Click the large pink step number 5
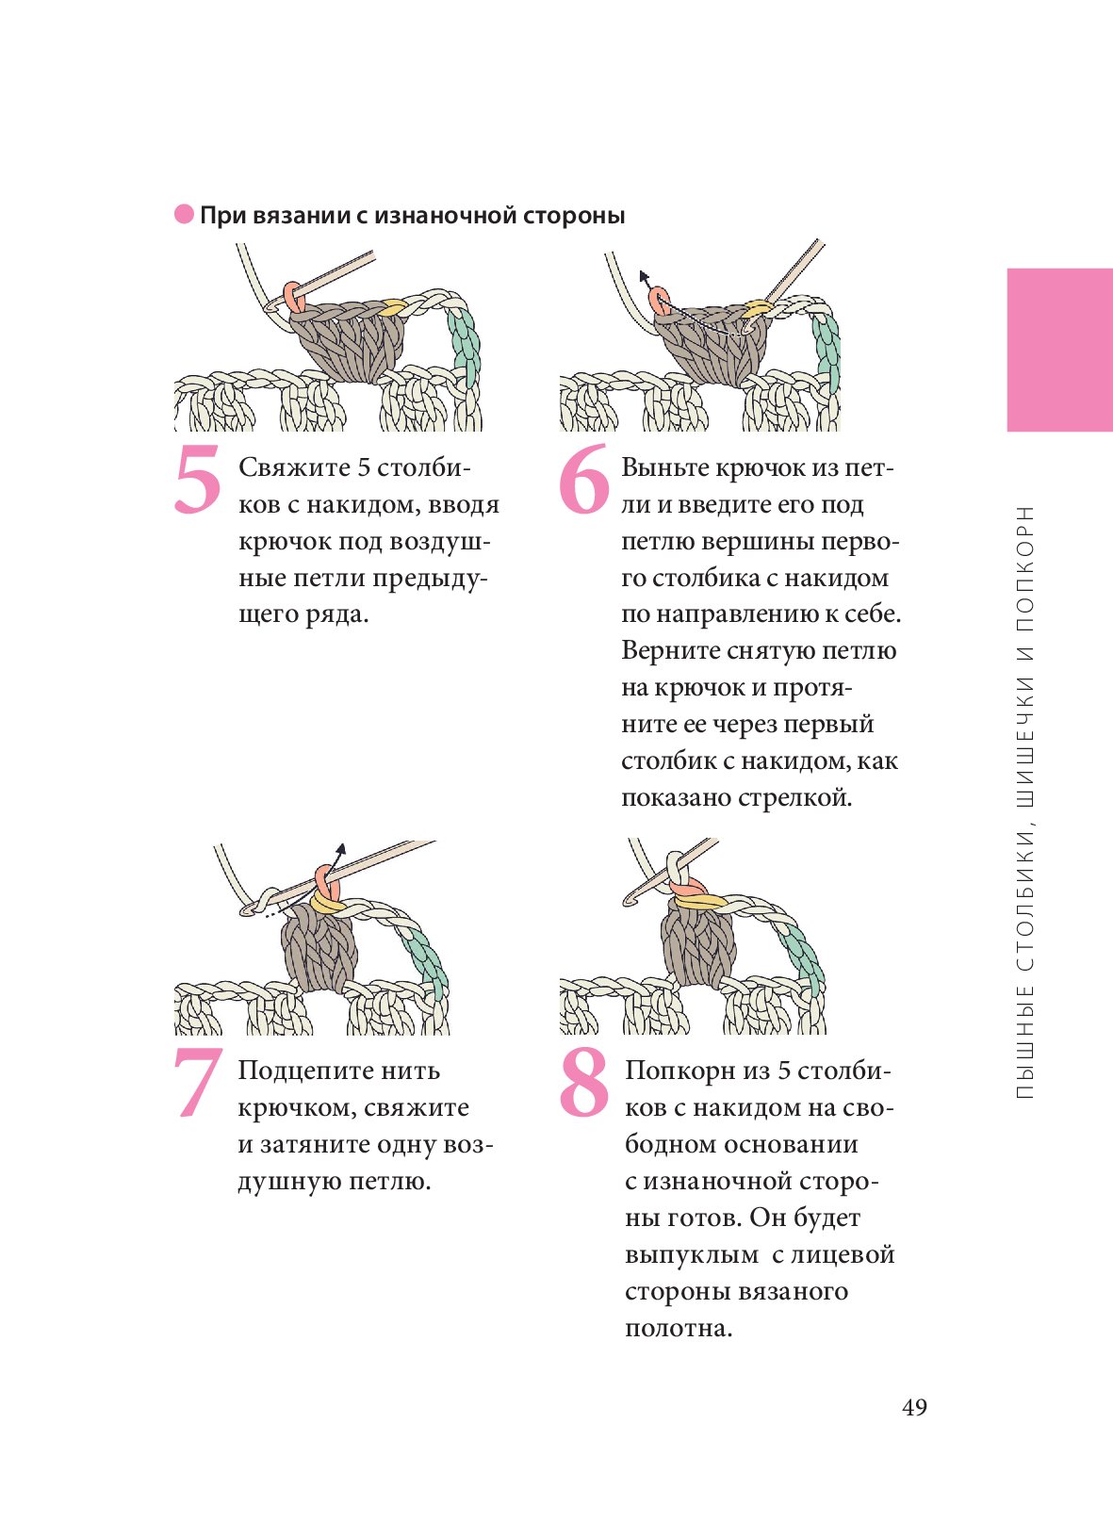[x=198, y=479]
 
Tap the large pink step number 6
[x=583, y=479]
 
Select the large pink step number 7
[x=198, y=1083]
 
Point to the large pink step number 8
[x=583, y=1083]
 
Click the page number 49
[x=914, y=1408]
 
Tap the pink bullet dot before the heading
[x=184, y=215]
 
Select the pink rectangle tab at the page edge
[x=1059, y=350]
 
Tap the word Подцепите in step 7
[x=299, y=1072]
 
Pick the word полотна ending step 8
[x=679, y=1329]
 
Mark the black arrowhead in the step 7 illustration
[x=341, y=849]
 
